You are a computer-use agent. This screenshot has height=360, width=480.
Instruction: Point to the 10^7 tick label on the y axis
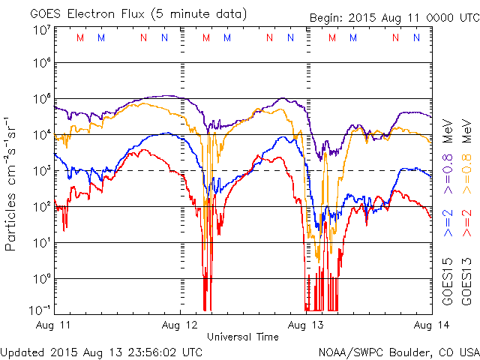pyautogui.click(x=41, y=30)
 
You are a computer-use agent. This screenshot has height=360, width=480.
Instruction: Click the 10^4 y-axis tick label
pyautogui.click(x=41, y=134)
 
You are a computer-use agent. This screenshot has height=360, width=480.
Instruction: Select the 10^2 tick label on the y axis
pyautogui.click(x=41, y=206)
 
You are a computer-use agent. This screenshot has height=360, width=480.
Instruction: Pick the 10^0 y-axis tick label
pyautogui.click(x=41, y=278)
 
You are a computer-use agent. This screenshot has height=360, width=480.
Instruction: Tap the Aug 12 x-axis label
pyautogui.click(x=181, y=325)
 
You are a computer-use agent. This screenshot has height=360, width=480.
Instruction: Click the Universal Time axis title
pyautogui.click(x=243, y=337)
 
